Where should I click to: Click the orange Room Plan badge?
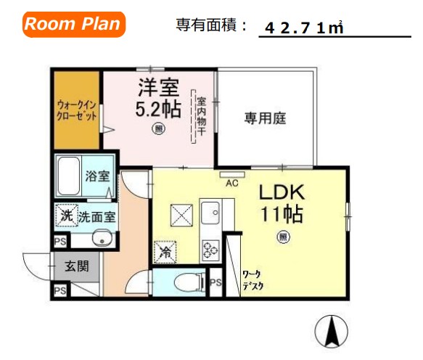(x=74, y=24)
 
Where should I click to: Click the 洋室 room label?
(x=158, y=89)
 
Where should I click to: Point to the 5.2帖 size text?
(x=158, y=110)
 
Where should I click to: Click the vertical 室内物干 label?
(x=201, y=117)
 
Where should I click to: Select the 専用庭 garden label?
(x=264, y=118)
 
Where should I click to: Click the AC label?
(x=233, y=183)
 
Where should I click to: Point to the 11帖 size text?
(x=282, y=216)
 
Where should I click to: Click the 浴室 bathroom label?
(x=97, y=176)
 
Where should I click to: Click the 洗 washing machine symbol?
(x=66, y=216)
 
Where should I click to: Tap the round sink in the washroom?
(x=101, y=238)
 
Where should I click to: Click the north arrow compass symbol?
(x=332, y=332)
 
